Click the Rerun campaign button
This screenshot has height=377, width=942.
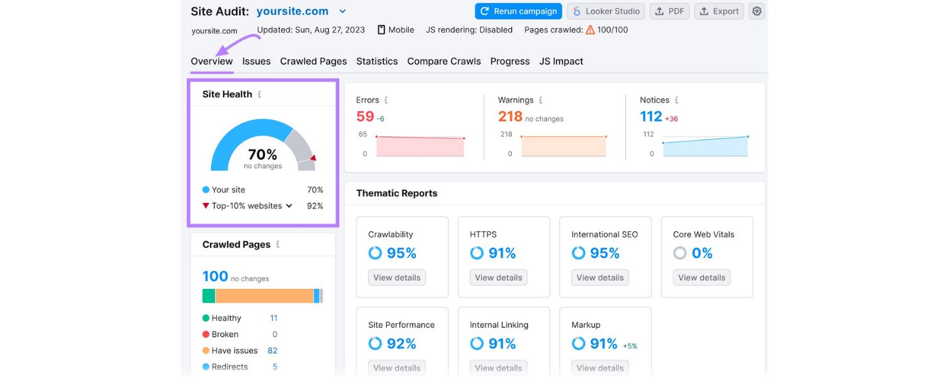[517, 11]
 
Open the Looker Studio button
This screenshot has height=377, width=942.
[605, 11]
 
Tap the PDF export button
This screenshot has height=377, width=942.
[669, 11]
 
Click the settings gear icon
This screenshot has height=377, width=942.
[757, 11]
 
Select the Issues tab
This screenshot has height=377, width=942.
[256, 61]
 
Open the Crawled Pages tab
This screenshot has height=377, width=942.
[313, 61]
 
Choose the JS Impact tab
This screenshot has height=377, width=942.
[561, 61]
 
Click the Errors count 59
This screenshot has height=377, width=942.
[365, 116]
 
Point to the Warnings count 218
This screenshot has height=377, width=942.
[510, 116]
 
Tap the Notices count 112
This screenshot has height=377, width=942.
[651, 116]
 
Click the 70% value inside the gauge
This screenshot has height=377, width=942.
[263, 155]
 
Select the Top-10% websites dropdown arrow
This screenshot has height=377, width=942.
[289, 205]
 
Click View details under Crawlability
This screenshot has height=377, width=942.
[397, 278]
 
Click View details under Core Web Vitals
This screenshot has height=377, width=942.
[701, 278]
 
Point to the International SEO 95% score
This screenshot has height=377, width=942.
[604, 253]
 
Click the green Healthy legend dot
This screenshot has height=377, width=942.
[206, 318]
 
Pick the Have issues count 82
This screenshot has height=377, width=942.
[273, 351]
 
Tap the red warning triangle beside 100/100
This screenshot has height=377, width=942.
[590, 30]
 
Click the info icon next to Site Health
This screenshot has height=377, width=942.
[259, 94]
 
